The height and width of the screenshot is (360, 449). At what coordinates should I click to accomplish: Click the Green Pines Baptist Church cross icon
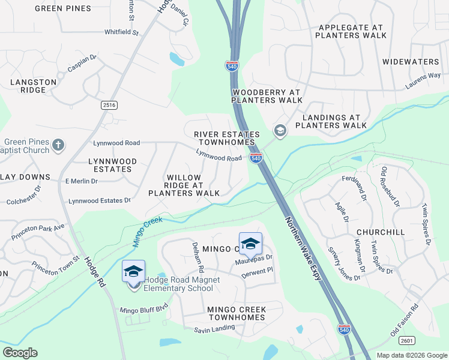(58, 145)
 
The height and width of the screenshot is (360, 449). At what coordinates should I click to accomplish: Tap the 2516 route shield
(109, 105)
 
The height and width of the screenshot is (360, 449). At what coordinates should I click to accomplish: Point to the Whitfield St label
(122, 32)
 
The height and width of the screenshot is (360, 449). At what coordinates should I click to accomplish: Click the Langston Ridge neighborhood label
(33, 86)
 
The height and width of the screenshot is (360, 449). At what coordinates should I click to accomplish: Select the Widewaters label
(411, 62)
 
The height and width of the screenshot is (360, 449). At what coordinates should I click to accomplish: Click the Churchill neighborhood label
(380, 232)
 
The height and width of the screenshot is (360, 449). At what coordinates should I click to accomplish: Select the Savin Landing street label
(214, 329)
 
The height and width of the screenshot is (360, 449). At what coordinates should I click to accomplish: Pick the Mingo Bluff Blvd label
(144, 310)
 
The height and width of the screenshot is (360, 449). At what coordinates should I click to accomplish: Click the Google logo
(20, 353)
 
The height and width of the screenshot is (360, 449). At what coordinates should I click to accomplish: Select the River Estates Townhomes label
(227, 139)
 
